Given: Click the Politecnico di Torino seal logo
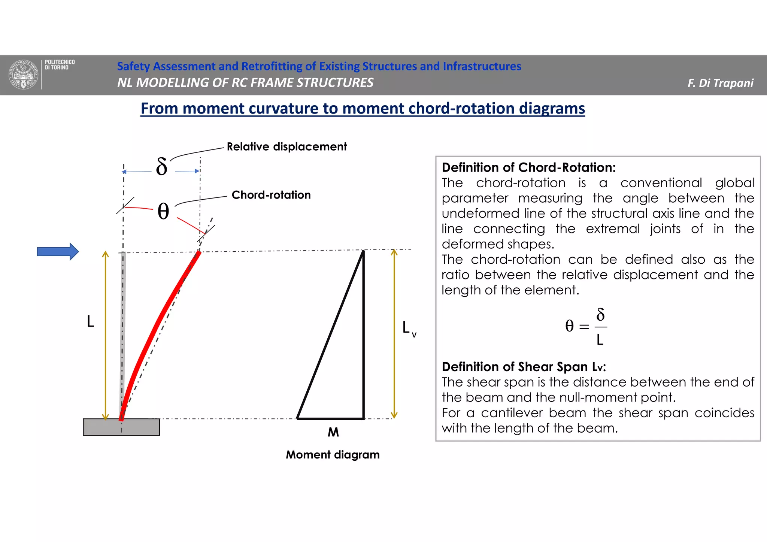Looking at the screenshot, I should pos(24,74).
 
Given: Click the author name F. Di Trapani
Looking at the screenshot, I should pos(720,83).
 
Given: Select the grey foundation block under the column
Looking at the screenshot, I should pos(121,427).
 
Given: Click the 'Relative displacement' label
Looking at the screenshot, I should pos(287,146).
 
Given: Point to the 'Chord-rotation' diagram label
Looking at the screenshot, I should pos(271,195).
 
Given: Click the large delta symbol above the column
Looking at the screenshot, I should pos(161,167).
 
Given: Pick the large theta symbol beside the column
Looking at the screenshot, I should pos(163,211).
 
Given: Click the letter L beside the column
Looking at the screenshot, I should pos(90,321).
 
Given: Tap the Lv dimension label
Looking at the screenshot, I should pos(409,328).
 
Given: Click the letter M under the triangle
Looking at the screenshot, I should pos(333,432).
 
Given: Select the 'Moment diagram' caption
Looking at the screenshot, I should pos(333,455).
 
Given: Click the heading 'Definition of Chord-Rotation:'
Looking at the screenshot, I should pos(528,167).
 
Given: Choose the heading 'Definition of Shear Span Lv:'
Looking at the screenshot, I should pos(524,366).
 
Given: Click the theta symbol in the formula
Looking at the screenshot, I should pos(569,326).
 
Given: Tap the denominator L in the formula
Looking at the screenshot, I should pos(600,340).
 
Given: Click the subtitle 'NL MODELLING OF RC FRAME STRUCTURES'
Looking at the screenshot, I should pos(245,83).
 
